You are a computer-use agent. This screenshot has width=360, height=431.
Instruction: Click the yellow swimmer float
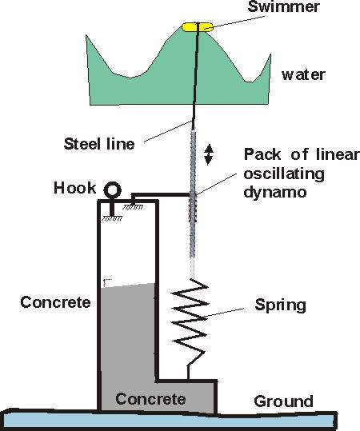click(x=197, y=27)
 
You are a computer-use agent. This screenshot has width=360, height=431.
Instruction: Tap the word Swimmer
click(x=283, y=7)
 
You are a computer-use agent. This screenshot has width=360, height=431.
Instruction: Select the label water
click(x=303, y=75)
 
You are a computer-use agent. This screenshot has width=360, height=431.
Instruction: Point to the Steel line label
click(x=99, y=144)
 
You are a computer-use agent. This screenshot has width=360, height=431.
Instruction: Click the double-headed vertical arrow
click(x=209, y=154)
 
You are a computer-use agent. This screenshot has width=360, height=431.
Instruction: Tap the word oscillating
click(x=284, y=174)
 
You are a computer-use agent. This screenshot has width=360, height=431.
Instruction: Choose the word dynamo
click(x=275, y=191)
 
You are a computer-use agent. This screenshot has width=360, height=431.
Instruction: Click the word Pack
click(x=262, y=154)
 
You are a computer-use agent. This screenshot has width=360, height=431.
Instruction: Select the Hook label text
click(x=75, y=188)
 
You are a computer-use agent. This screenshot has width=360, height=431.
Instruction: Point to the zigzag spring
click(x=190, y=319)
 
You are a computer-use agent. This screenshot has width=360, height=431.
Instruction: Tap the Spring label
click(x=280, y=305)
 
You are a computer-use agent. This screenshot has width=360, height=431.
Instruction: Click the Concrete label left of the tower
click(x=55, y=302)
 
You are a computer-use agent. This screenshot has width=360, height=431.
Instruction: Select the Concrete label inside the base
click(x=150, y=399)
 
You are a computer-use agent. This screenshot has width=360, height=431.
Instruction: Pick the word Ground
click(x=283, y=401)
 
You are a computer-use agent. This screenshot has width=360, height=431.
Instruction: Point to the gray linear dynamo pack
click(x=193, y=203)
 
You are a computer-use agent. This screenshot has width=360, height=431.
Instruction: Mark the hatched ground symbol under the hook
click(x=112, y=218)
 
